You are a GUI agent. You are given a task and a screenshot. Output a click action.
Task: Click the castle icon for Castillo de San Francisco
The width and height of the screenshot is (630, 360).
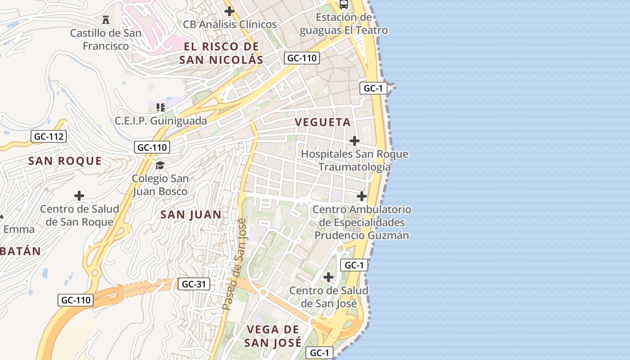106,19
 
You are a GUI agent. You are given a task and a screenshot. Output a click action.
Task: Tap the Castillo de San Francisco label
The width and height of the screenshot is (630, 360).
105,40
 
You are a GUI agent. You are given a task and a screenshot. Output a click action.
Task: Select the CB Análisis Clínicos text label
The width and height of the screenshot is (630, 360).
229,24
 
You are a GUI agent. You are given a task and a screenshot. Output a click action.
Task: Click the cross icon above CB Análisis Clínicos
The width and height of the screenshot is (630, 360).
229,11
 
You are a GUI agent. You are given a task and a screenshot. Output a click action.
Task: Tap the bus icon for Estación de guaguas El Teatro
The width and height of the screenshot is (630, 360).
344,4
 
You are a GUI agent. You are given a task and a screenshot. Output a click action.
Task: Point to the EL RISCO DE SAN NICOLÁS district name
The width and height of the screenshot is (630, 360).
221,53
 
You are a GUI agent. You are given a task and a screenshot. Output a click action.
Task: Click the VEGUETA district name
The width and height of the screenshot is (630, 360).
323,122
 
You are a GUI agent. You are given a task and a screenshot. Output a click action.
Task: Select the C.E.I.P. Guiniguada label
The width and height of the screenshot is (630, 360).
161,121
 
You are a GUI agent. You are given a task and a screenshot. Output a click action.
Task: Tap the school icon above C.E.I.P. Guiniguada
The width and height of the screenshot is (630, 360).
160,108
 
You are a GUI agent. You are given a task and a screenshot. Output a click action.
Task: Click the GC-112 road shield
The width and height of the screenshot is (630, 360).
49,137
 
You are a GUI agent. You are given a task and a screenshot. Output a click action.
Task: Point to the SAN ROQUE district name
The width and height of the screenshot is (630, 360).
65,161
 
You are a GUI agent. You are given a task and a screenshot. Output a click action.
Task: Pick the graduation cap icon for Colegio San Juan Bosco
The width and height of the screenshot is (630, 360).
160,165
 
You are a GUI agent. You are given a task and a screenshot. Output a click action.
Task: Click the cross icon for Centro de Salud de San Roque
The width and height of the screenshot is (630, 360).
79,196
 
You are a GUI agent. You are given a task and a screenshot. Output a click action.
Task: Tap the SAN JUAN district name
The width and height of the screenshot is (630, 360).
191,215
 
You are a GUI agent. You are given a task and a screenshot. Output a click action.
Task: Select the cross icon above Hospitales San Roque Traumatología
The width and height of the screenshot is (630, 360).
355,141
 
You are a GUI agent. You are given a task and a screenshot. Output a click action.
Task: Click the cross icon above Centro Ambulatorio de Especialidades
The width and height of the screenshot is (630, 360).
362,196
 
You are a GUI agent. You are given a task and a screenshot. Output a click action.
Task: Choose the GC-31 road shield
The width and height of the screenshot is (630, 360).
194,284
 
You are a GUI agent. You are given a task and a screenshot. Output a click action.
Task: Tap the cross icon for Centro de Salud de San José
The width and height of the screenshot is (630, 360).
329,277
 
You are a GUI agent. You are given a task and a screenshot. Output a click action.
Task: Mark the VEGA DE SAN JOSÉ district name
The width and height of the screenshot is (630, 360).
273,336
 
